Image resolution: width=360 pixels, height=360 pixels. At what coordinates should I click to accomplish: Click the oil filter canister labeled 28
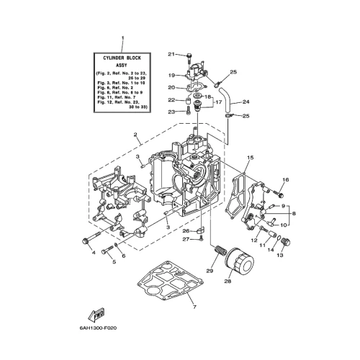239,261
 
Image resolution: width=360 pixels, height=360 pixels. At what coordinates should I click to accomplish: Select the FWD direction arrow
96,315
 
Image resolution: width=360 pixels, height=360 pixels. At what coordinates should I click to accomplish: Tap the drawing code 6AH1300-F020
98,328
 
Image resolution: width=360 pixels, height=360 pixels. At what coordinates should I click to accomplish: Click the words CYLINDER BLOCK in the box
122,58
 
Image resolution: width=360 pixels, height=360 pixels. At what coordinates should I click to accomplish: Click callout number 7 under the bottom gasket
194,307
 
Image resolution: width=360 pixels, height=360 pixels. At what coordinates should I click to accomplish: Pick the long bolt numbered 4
96,237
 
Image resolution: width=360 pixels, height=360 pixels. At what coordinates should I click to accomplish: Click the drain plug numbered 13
286,242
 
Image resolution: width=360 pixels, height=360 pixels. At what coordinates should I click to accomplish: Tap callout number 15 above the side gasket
251,158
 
